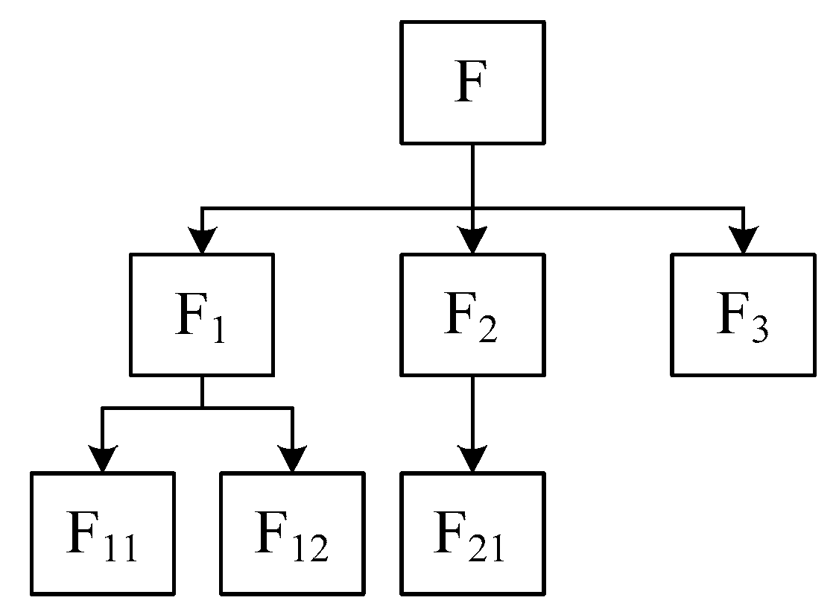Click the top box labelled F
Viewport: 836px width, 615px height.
tap(472, 82)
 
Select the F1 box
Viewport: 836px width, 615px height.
tap(201, 315)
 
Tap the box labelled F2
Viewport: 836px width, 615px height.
tap(472, 315)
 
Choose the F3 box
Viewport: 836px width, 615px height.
tap(743, 315)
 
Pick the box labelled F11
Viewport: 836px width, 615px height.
tap(102, 533)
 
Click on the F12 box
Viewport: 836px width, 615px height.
tap(292, 533)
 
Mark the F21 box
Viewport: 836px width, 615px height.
tap(472, 533)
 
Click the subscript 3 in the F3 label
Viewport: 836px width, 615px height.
tap(759, 330)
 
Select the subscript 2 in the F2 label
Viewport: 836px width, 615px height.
tap(487, 330)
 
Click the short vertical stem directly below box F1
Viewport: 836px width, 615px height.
tap(202, 391)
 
